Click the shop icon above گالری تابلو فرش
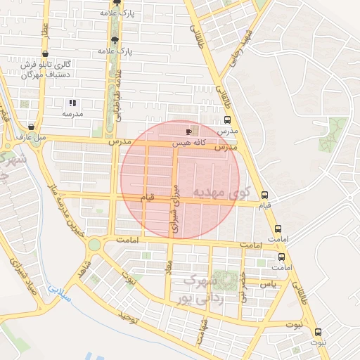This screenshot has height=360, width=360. (46, 53)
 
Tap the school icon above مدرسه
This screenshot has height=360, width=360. (72, 103)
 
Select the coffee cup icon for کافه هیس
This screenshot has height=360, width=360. (188, 131)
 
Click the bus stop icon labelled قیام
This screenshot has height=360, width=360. (264, 195)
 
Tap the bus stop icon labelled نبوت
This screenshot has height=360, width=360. (318, 332)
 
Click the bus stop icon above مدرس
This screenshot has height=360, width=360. (226, 120)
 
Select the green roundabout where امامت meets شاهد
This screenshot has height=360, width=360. (94, 244)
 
